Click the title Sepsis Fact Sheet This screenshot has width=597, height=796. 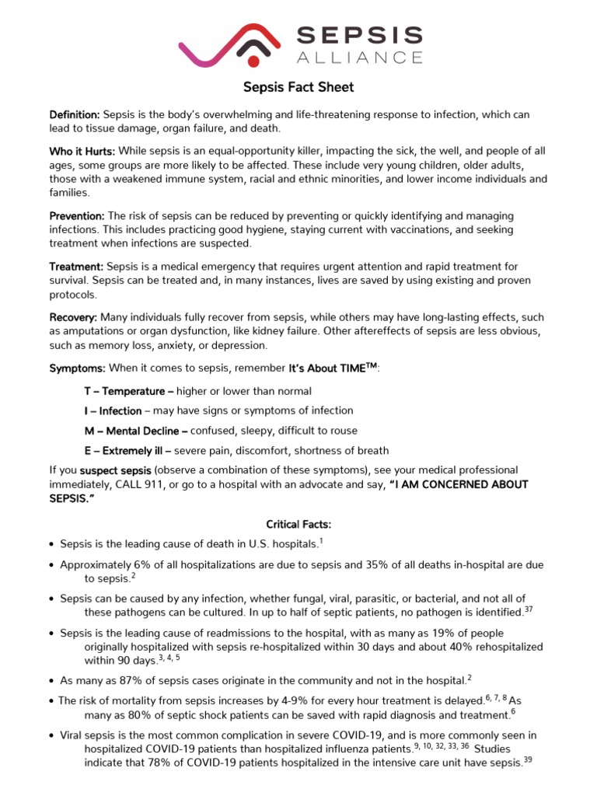point(298,88)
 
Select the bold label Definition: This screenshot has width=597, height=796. point(75,114)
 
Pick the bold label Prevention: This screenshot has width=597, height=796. point(77,215)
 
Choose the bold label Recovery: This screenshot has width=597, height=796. point(74,317)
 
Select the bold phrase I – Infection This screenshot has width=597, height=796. point(113,410)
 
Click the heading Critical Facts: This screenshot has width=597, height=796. point(298,525)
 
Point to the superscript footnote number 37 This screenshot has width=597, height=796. point(529,609)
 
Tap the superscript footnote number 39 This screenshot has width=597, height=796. point(528,759)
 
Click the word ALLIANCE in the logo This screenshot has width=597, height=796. point(361,57)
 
